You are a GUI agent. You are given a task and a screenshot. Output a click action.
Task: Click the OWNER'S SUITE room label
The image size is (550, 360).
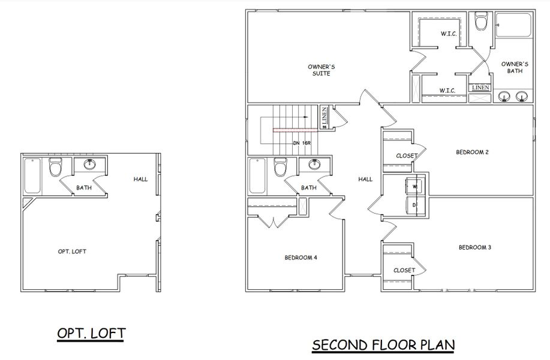[320, 70]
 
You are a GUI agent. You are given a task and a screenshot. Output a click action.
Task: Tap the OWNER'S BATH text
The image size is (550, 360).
[515, 67]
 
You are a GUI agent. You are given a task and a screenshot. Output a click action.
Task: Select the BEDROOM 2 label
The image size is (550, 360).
[473, 152]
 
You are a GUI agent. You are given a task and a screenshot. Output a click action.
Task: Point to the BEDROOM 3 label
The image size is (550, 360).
[475, 247]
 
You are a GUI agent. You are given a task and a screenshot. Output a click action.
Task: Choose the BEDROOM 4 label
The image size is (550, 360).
[300, 257]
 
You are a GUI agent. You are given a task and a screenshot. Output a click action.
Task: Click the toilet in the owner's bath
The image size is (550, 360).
[480, 23]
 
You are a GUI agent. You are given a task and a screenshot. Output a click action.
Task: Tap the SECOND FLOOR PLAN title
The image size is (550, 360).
[383, 345]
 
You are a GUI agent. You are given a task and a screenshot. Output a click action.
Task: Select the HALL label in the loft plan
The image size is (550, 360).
[141, 179]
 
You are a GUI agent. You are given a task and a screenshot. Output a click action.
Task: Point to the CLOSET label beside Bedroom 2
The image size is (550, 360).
[407, 156]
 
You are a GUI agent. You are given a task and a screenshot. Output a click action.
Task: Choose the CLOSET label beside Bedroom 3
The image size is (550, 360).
[404, 270]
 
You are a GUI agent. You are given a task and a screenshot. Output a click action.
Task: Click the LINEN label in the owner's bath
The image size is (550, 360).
[480, 88]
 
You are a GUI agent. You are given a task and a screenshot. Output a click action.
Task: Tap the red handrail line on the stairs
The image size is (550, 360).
[294, 129]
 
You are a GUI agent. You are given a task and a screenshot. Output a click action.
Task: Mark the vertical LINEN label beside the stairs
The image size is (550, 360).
[324, 116]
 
